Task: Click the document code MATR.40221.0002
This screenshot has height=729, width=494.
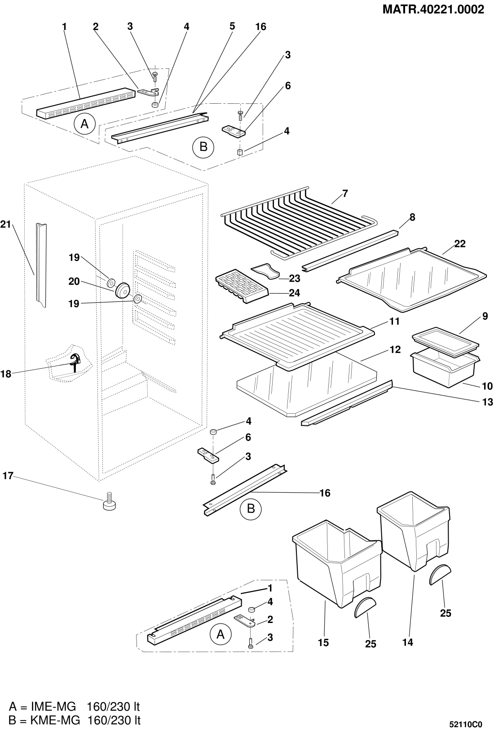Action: [433, 9]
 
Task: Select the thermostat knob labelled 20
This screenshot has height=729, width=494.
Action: [122, 290]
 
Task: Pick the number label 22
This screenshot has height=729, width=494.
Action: [459, 244]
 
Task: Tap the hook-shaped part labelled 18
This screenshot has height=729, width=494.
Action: [75, 360]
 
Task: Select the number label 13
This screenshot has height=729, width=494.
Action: [487, 402]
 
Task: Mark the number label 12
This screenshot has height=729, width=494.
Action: [395, 349]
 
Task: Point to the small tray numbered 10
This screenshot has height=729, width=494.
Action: [445, 367]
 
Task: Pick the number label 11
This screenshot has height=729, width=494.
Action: [394, 322]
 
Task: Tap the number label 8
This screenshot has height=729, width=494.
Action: [412, 217]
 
